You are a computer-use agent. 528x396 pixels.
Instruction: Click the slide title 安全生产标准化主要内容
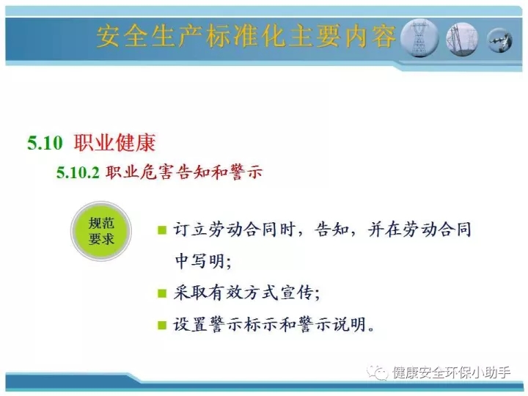click(246, 36)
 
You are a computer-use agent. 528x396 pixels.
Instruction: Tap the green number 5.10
click(45, 143)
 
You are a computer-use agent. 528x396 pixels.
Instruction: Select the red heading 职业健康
click(114, 142)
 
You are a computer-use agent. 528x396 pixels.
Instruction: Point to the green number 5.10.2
click(78, 173)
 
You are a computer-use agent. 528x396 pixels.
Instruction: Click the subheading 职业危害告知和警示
click(184, 172)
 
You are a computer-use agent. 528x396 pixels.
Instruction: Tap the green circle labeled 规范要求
click(101, 231)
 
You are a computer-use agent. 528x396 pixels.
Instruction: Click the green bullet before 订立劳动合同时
click(162, 230)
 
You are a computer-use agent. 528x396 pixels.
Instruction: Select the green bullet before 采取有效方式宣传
click(162, 293)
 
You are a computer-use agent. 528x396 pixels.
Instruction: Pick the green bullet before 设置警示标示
click(162, 326)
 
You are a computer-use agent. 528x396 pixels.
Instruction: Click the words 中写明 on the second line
click(199, 260)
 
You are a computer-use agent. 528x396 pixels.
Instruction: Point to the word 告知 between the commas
click(331, 230)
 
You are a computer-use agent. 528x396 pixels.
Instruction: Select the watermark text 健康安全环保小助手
click(452, 372)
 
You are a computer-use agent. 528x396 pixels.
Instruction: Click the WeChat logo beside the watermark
click(378, 372)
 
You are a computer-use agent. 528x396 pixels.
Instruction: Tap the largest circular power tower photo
click(419, 37)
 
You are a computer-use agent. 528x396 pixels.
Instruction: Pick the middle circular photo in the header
click(462, 38)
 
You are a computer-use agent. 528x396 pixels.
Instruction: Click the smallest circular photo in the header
click(499, 40)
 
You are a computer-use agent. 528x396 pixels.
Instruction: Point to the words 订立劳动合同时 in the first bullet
click(235, 230)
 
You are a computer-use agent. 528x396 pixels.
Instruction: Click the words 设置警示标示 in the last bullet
click(227, 325)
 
